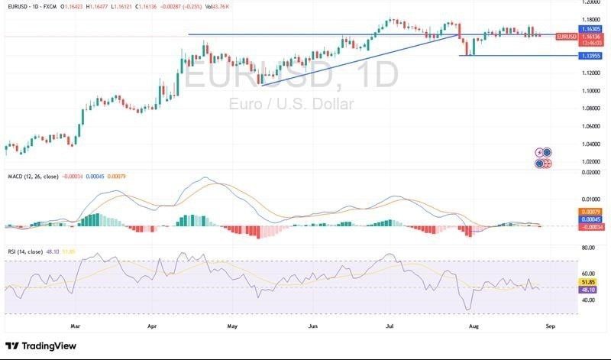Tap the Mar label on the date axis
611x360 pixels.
click(75, 325)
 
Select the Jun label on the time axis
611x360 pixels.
click(312, 325)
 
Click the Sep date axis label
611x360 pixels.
click(551, 325)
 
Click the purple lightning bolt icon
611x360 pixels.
click(540, 152)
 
